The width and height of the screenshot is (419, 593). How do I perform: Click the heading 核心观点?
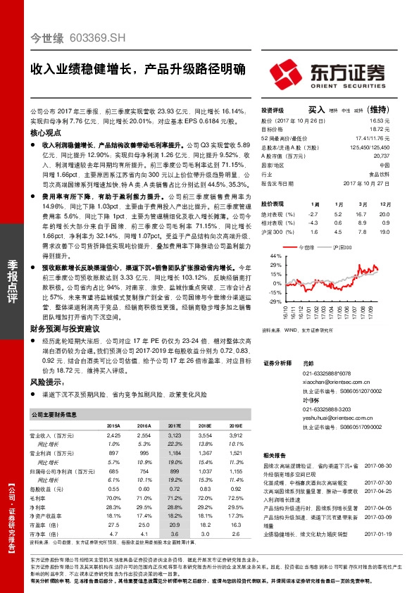pyautogui.click(x=46, y=133)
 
